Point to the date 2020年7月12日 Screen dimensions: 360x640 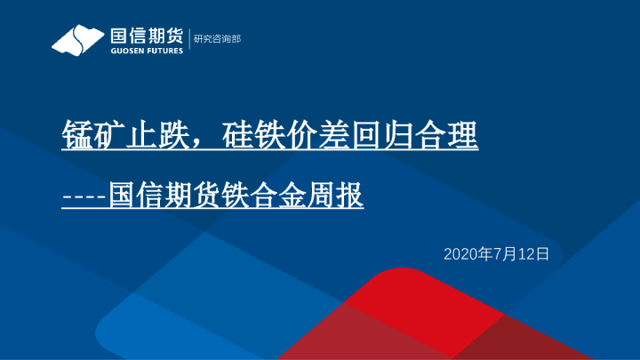497,254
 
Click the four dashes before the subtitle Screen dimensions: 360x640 84,195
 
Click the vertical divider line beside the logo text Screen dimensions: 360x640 188,39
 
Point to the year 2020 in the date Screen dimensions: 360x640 460,254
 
